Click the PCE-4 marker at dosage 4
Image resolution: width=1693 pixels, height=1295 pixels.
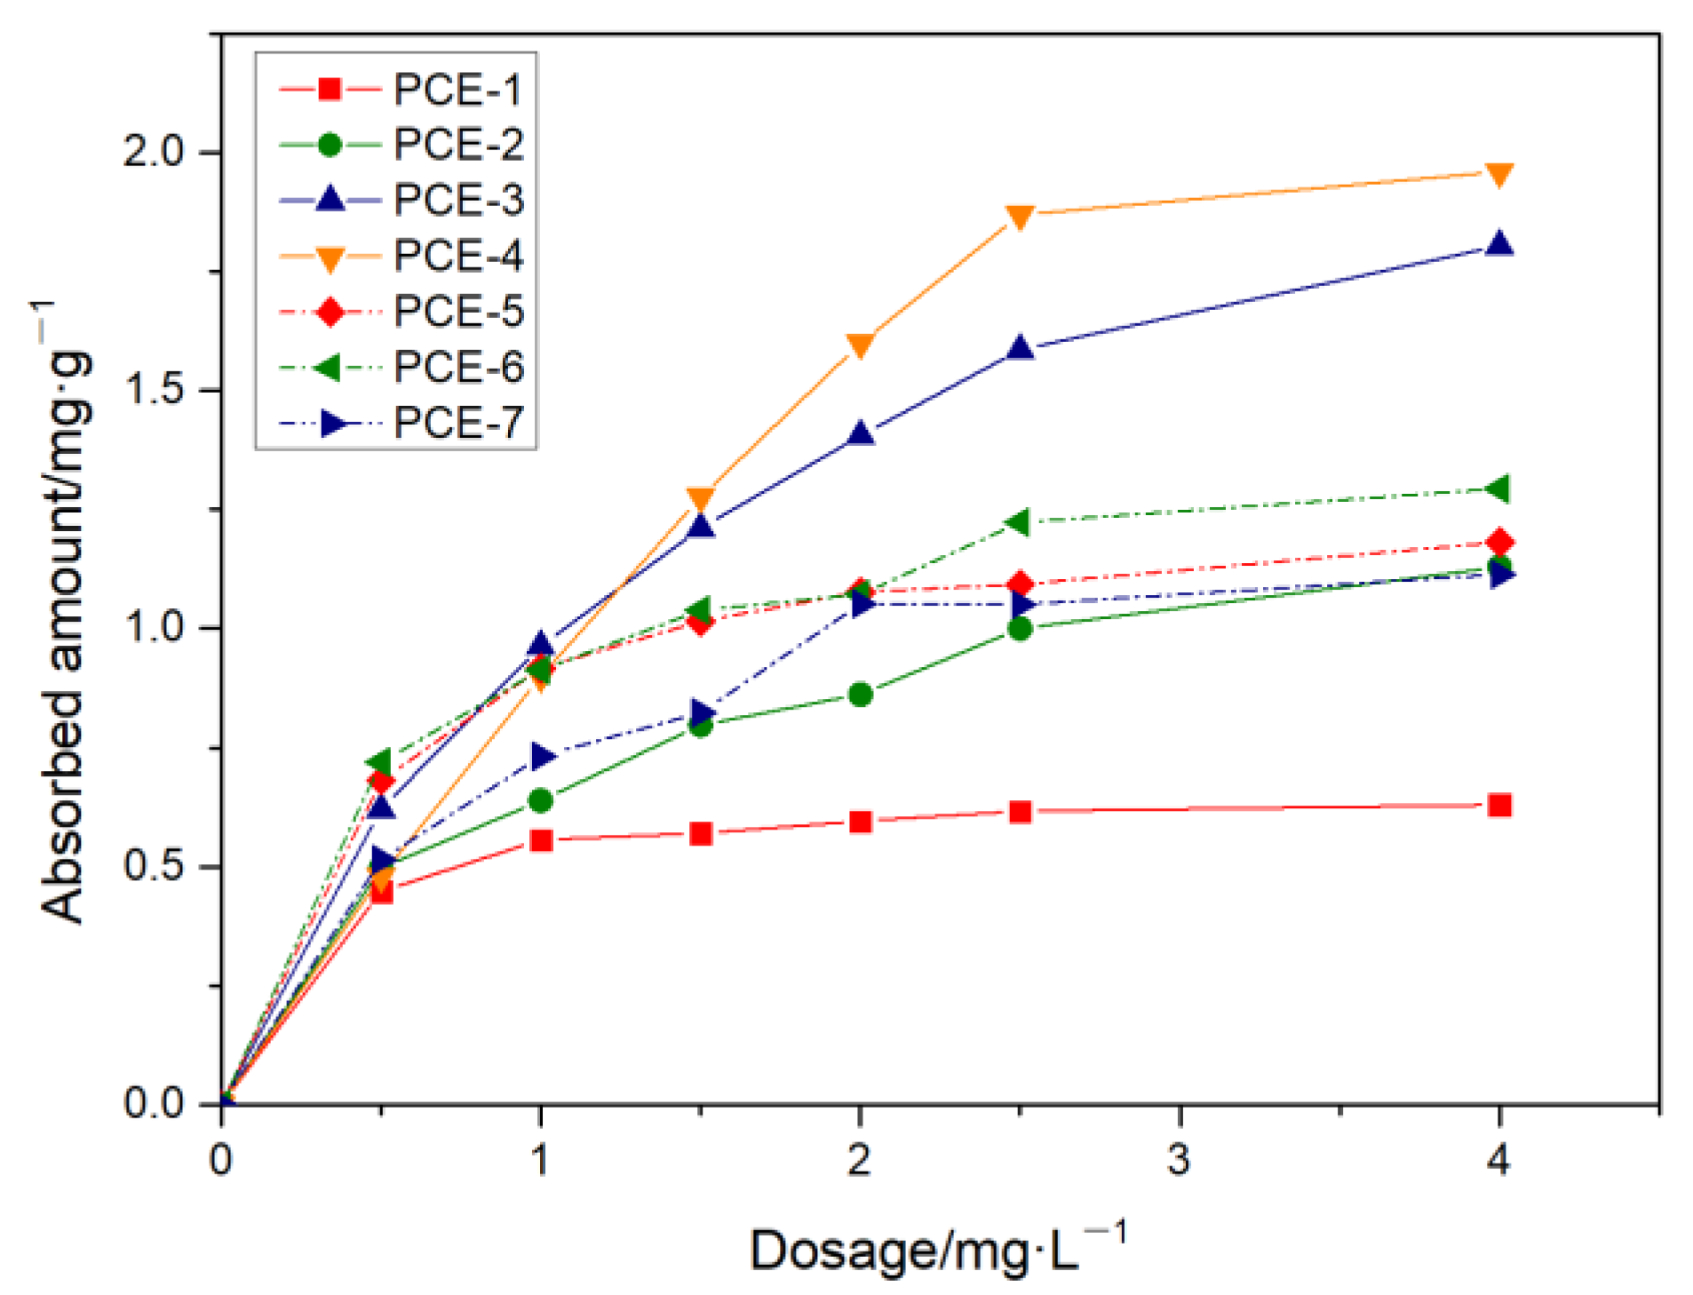1498,174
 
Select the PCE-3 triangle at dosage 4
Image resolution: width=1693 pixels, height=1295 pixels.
1498,244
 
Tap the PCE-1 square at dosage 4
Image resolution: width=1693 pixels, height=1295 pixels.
1498,805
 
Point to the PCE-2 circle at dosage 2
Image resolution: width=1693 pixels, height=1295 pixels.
859,694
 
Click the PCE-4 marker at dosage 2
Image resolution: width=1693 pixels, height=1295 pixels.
859,345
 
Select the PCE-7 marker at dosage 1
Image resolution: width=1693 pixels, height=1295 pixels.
542,756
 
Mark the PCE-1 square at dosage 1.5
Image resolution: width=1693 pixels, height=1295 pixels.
700,832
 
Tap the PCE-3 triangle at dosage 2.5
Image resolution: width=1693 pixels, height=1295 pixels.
1020,347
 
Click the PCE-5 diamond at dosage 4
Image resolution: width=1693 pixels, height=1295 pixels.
1498,542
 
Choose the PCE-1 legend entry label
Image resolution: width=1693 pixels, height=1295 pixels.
457,90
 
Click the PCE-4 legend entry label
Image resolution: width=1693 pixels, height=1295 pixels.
457,256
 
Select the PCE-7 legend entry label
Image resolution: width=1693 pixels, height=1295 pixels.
457,422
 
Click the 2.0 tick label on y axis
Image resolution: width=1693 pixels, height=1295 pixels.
154,152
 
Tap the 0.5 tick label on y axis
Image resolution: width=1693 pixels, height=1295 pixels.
154,865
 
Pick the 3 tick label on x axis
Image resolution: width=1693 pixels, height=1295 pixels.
1178,1159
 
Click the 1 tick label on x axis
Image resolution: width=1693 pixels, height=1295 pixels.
539,1159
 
